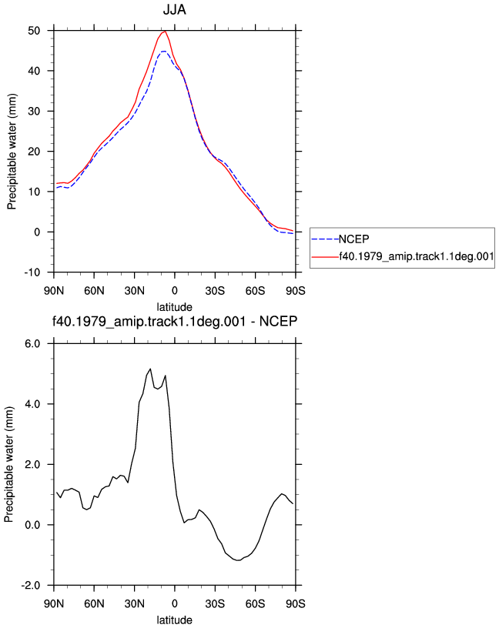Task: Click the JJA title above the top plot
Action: point(174,9)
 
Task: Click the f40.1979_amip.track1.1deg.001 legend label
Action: point(417,256)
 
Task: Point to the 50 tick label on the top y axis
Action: point(34,31)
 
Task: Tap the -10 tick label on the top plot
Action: point(32,272)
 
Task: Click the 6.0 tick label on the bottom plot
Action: point(32,344)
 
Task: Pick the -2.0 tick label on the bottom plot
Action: point(31,585)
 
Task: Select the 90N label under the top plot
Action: point(54,290)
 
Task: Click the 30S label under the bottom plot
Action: point(215,603)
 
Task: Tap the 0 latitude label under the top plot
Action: point(174,290)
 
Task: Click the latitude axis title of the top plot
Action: point(174,307)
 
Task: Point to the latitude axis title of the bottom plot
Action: point(174,620)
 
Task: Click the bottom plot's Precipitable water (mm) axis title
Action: point(8,464)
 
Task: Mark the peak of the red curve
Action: point(165,31)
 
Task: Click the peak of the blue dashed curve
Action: point(163,52)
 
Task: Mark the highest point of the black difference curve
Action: point(150,369)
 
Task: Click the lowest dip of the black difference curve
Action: point(239,560)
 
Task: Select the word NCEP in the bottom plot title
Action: point(278,321)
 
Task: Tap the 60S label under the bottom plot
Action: point(256,603)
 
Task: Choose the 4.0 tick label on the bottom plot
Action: point(32,404)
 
